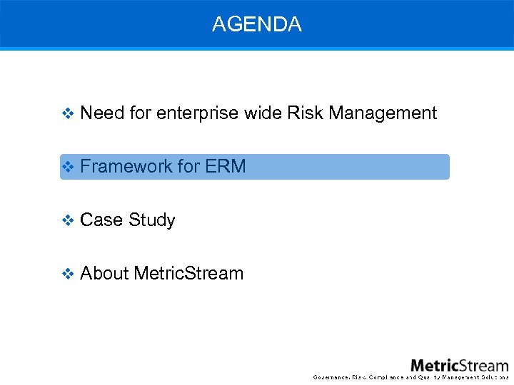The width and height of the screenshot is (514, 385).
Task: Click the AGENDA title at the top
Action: click(x=257, y=24)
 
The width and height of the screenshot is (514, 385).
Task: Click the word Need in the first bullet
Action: click(x=102, y=113)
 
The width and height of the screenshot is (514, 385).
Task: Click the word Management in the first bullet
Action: click(x=383, y=113)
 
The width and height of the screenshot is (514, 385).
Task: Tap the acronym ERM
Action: click(x=226, y=166)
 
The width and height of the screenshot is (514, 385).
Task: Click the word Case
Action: click(x=101, y=220)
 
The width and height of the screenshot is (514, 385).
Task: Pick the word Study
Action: click(x=151, y=220)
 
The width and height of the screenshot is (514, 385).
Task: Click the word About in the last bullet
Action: click(x=104, y=273)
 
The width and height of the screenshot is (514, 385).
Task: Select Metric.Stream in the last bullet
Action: click(x=189, y=273)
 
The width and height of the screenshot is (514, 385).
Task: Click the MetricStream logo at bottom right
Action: click(x=459, y=364)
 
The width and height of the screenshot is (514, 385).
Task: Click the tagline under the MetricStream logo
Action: click(x=411, y=377)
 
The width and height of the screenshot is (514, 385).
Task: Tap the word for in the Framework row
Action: click(x=188, y=166)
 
